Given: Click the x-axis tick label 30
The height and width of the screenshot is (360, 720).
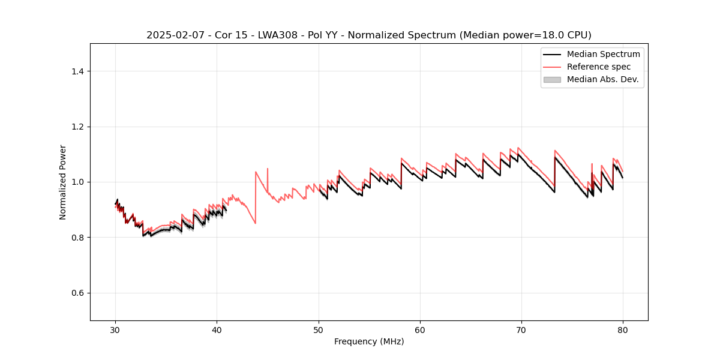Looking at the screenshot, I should click(115, 329).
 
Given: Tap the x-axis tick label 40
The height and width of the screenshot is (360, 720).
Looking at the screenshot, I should click(217, 329).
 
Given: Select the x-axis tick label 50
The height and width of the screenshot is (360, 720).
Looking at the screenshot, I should click(319, 329).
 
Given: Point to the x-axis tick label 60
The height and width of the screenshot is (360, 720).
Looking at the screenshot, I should click(420, 329).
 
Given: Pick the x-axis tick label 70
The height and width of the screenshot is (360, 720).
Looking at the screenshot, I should click(521, 329).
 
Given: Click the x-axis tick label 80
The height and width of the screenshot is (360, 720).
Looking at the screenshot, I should click(623, 329).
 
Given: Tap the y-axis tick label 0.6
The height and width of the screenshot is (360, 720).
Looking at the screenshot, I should click(77, 293).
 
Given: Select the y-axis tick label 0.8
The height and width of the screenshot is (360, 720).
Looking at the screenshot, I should click(77, 238).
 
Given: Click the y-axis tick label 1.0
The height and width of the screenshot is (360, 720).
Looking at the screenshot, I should click(77, 182).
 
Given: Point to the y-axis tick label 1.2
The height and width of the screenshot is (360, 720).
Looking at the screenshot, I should click(77, 127).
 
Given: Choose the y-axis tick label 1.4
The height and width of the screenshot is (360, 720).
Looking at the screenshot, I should click(77, 71).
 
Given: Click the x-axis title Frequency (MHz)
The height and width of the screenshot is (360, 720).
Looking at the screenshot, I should click(369, 341).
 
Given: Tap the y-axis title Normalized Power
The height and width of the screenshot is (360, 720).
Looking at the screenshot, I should click(63, 182).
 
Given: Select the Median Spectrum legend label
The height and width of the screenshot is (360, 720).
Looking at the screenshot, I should click(603, 54).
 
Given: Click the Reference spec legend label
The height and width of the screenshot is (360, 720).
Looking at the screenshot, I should click(599, 67).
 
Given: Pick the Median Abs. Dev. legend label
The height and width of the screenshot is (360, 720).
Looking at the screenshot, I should click(602, 79).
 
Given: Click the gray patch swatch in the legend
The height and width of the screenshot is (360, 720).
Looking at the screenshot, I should click(552, 79).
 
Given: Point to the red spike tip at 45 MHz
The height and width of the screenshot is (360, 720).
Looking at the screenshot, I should click(268, 169).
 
